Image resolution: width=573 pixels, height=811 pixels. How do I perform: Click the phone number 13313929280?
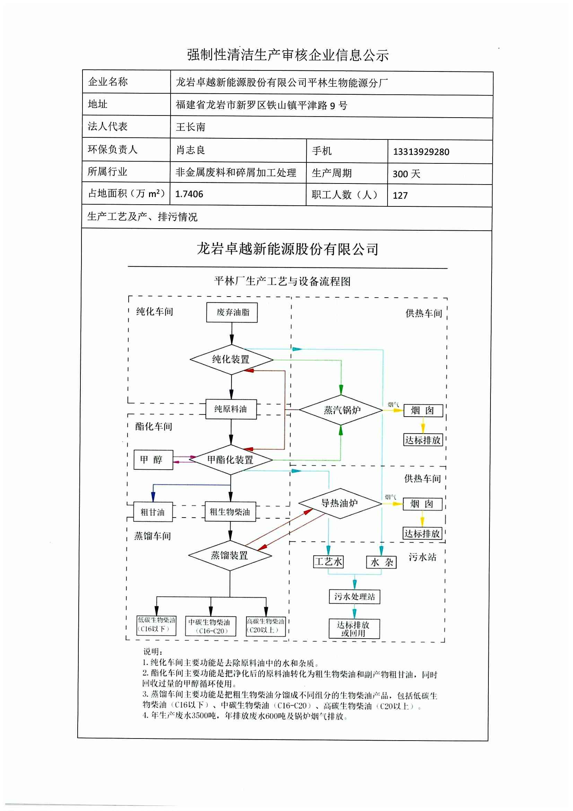point(421,152)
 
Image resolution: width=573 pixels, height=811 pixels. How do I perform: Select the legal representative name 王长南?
point(191,127)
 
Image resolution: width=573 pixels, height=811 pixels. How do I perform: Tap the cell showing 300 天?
point(406,174)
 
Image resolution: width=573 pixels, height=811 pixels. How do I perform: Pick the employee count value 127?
point(400,196)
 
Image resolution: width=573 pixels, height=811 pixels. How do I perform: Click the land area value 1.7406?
point(189,194)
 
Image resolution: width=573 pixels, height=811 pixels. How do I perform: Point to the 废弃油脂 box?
point(232,312)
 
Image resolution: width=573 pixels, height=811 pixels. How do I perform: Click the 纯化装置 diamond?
point(231,360)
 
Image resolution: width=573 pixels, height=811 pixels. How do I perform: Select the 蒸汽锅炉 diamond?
point(341,410)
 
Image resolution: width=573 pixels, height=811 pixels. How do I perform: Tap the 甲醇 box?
point(153,460)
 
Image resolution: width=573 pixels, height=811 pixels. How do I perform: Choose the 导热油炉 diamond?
point(340,503)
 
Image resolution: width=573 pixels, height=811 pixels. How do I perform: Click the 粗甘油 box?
point(153,512)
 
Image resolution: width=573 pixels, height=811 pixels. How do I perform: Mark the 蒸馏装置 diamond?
point(230,556)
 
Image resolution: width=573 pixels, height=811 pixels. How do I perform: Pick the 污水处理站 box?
point(355,597)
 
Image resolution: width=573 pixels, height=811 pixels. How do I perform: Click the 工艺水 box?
point(328,562)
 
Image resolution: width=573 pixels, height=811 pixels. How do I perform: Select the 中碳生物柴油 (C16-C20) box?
point(210,626)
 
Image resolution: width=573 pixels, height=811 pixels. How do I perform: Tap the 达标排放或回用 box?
point(354,629)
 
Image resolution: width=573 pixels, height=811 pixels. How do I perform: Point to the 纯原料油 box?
point(231,409)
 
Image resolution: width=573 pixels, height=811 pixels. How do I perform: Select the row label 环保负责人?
point(113,150)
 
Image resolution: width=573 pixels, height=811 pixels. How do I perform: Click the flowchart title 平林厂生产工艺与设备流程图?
point(283,282)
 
